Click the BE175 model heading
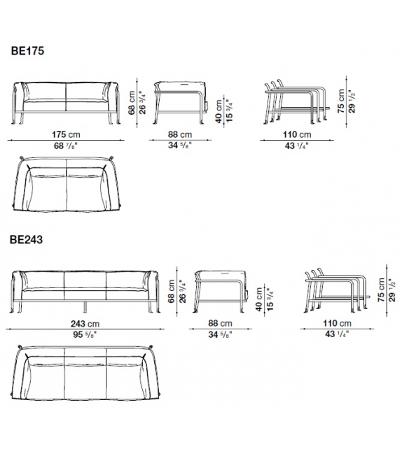coord(27,51)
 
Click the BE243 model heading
coord(27,240)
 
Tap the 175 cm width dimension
coord(66,134)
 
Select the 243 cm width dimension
coord(85,324)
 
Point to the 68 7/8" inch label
coord(66,145)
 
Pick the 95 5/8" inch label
coord(85,334)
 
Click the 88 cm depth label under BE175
coord(180,134)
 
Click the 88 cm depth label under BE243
coord(220,323)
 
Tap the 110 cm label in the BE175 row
coord(297,134)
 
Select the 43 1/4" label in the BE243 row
coord(337,334)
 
